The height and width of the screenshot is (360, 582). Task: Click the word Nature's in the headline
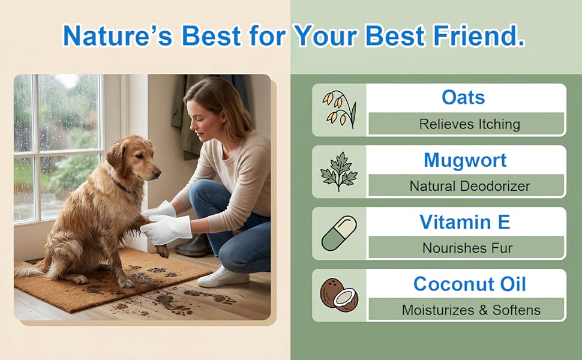118,35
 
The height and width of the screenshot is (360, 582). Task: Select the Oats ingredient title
463,97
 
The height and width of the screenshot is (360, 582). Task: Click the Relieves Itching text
470,124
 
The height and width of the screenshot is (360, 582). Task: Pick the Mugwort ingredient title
465,160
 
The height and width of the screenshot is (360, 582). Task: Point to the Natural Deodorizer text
470,186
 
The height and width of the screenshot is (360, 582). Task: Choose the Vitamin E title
465,222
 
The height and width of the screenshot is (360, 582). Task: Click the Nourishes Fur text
467,248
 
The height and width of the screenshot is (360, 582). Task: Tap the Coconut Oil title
470,284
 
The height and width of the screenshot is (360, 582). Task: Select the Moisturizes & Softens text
471,310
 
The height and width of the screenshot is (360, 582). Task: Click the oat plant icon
339,110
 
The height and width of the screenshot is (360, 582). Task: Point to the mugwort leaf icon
339,172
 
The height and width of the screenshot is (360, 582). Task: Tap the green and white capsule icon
339,233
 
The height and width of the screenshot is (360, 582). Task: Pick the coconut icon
339,295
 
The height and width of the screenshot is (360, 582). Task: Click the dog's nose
157,173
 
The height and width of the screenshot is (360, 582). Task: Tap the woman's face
197,119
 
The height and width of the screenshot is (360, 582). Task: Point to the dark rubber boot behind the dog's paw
193,245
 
